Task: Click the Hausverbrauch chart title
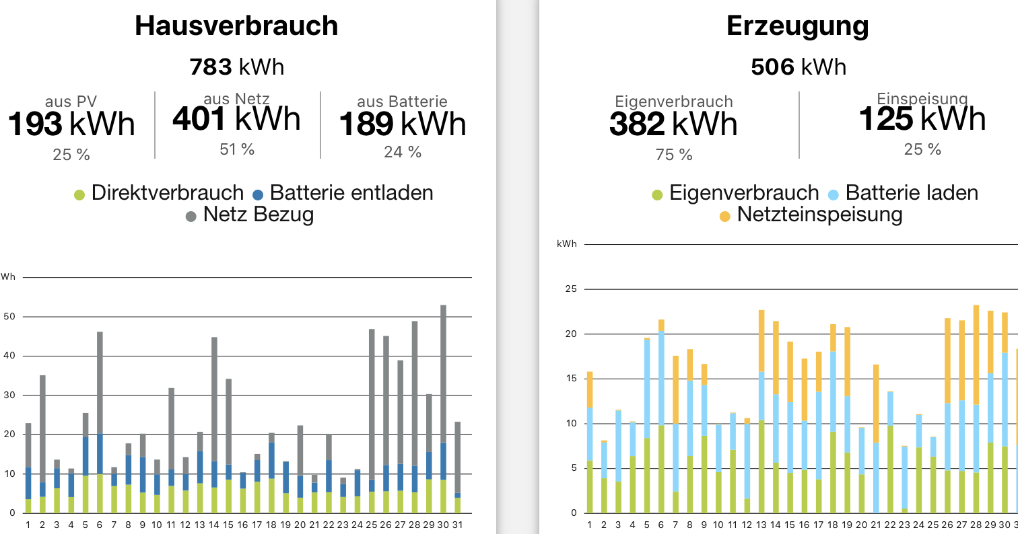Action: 236,26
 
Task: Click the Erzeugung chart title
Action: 797,26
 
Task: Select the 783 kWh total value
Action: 236,67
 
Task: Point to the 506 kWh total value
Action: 798,67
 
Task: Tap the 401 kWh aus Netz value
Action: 236,120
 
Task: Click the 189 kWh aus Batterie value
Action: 402,124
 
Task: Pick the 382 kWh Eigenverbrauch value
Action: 673,124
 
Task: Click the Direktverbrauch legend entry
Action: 159,193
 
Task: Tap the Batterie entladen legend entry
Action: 343,193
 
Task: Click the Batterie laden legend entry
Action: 902,193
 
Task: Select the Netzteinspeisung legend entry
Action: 811,215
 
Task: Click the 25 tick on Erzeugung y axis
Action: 572,289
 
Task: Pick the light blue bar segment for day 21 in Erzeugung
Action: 876,478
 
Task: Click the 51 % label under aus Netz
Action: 237,149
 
